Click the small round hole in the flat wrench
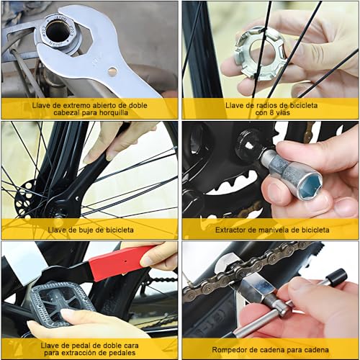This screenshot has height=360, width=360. tap(112, 71)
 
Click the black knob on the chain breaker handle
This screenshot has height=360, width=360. tap(336, 277)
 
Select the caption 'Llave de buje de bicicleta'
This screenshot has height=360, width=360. tap(89, 230)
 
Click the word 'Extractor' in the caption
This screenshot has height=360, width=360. tap(233, 230)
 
